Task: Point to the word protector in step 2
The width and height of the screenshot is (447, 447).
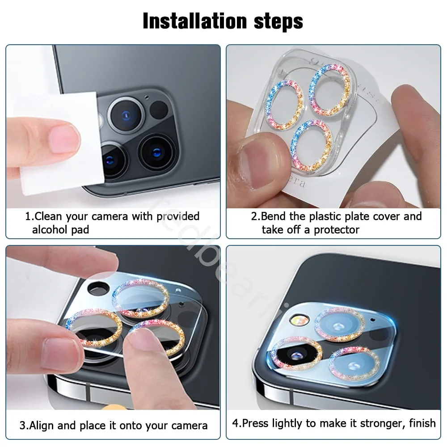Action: click(x=336, y=230)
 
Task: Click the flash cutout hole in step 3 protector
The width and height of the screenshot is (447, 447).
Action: click(x=96, y=288)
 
